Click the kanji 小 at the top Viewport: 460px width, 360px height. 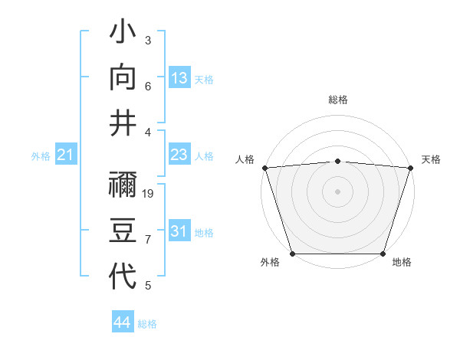pos(123,34)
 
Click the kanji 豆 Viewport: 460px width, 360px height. pos(123,230)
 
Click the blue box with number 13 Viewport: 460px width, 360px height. pos(179,78)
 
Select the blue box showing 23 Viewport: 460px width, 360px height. pos(179,155)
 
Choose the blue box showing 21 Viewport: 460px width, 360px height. pos(65,156)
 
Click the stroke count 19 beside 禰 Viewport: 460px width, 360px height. pos(149,193)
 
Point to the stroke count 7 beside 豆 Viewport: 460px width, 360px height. pos(148,241)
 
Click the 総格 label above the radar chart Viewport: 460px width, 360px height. pos(337,100)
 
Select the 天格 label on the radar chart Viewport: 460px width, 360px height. pos(431,159)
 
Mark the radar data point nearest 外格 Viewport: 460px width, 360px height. pos(292,254)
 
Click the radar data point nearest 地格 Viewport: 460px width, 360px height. pos(383,254)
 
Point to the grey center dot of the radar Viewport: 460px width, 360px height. pos(337,191)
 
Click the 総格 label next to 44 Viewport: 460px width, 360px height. pos(147,324)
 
